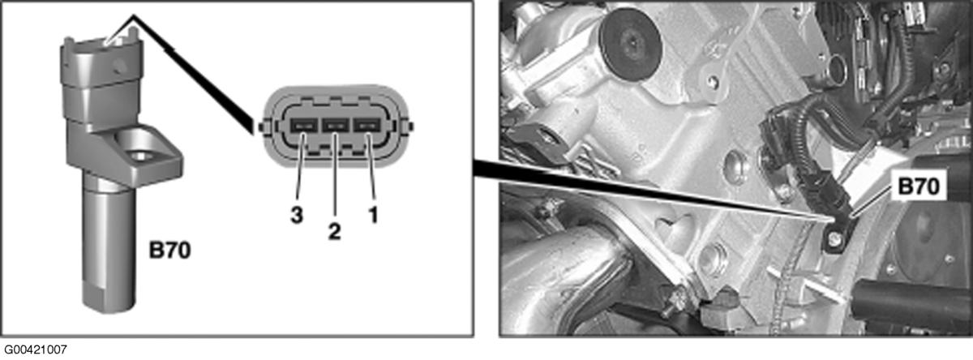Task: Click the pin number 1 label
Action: [373, 215]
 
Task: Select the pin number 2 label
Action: [334, 231]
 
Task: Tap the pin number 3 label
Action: [297, 215]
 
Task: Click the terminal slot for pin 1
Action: [367, 126]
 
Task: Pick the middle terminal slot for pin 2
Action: [336, 126]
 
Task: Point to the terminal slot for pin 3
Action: [303, 126]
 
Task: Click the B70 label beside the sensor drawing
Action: [169, 251]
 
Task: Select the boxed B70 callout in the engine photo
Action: [919, 186]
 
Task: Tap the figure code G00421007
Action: [36, 349]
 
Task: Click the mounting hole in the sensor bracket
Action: [139, 155]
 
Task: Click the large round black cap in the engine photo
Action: [630, 41]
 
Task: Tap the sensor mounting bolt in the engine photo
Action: [834, 238]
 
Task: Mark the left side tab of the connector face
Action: [261, 126]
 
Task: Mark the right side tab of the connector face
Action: [410, 126]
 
